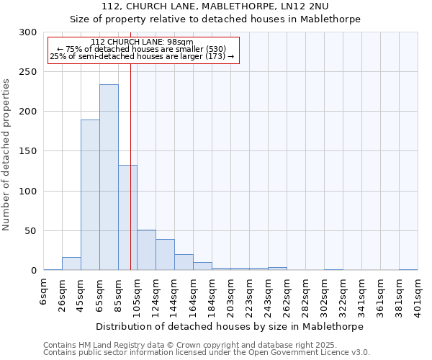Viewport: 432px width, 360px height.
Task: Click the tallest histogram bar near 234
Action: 109,177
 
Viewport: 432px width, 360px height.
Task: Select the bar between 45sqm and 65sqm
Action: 90,194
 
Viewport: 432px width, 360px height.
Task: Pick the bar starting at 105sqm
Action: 146,250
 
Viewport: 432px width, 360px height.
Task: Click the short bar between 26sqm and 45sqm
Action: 71,264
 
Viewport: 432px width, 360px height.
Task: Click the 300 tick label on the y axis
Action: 28,32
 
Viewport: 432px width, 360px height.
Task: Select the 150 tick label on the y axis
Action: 28,152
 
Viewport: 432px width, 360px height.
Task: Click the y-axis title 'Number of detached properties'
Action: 7,154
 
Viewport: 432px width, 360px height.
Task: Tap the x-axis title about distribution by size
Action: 230,326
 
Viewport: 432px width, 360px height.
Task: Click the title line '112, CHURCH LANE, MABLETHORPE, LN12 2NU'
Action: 215,6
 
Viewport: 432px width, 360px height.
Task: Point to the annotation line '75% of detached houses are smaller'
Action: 142,49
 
